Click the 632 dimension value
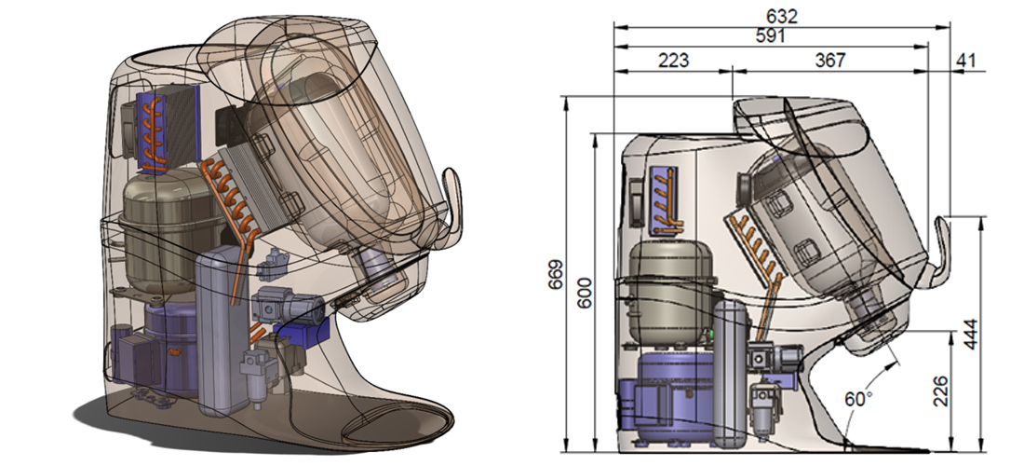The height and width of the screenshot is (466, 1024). pyautogui.click(x=782, y=17)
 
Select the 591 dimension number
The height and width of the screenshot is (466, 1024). pyautogui.click(x=770, y=36)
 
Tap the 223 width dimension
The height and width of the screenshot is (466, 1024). pyautogui.click(x=673, y=61)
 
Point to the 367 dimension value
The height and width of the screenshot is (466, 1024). pyautogui.click(x=830, y=61)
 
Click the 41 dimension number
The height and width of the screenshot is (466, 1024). pyautogui.click(x=965, y=61)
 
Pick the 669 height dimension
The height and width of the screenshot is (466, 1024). pyautogui.click(x=555, y=275)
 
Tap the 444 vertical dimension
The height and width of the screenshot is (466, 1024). pyautogui.click(x=970, y=334)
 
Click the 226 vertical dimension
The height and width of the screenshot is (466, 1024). pyautogui.click(x=940, y=391)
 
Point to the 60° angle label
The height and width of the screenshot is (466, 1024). pyautogui.click(x=859, y=398)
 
